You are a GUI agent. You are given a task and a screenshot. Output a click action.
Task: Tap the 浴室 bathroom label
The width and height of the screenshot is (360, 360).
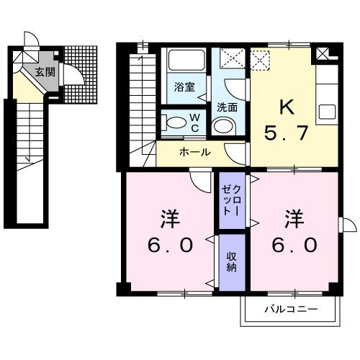click(184, 87)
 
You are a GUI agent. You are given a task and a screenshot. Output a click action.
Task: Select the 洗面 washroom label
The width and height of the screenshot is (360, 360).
click(228, 107)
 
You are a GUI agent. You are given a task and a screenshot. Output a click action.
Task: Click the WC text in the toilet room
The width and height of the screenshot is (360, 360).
click(194, 122)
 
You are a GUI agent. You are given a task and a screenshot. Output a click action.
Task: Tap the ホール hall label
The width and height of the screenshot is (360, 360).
click(194, 152)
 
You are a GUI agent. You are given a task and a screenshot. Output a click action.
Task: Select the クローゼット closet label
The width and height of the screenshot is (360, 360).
click(233, 201)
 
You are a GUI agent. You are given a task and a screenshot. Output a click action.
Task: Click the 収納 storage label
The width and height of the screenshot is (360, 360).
click(233, 261)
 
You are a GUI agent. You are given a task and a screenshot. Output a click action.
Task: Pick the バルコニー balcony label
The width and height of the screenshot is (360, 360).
click(291, 310)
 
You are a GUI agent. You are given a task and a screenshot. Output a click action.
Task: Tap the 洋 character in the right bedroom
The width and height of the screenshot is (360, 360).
click(293, 216)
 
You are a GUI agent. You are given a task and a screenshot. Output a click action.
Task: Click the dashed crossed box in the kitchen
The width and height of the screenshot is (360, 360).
click(259, 58)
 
